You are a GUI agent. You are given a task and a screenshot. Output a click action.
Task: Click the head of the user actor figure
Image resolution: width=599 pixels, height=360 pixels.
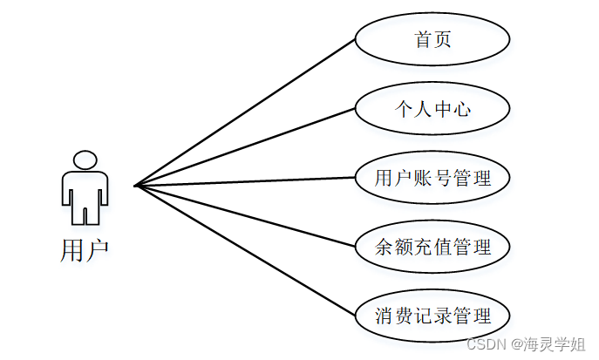(85, 160)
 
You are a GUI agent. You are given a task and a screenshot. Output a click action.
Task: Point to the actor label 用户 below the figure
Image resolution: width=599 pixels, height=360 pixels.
(85, 250)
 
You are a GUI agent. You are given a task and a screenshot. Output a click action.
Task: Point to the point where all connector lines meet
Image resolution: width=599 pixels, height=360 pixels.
(136, 185)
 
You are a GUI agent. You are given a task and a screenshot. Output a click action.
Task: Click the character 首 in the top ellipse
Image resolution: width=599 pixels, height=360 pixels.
(423, 40)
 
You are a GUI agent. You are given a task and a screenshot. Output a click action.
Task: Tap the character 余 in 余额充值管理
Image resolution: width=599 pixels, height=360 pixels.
(385, 248)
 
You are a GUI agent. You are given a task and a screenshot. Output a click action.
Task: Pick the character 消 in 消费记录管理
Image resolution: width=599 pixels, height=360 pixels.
(385, 316)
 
